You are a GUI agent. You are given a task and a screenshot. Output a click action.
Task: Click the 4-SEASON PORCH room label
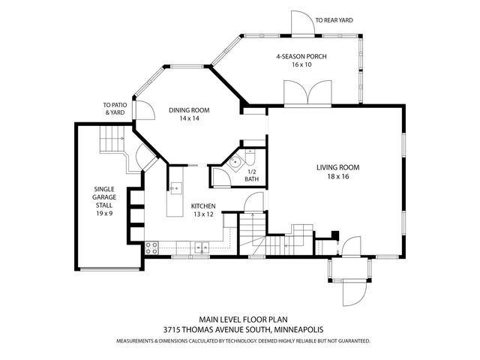click(301, 56)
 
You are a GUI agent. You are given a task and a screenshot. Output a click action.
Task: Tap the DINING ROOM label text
click(189, 110)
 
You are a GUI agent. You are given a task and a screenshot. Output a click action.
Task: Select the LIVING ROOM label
click(337, 167)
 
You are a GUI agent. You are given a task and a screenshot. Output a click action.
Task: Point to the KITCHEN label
click(203, 206)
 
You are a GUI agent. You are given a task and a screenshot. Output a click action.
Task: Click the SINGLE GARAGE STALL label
click(104, 197)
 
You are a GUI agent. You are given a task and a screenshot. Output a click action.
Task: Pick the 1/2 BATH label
click(252, 175)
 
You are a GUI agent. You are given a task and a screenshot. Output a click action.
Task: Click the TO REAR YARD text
click(334, 20)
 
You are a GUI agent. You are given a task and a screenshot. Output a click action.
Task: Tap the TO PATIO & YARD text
click(115, 109)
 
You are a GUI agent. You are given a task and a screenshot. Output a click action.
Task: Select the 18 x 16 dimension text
click(337, 177)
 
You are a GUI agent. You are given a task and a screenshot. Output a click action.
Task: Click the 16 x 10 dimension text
click(301, 64)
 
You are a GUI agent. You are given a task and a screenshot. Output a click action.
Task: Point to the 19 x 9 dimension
click(104, 213)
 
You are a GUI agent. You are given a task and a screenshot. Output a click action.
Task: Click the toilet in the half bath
click(250, 157)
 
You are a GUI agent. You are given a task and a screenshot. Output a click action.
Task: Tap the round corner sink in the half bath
click(235, 160)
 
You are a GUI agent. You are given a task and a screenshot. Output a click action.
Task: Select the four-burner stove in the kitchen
click(151, 247)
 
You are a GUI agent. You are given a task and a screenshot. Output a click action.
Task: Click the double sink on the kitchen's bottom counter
click(202, 247)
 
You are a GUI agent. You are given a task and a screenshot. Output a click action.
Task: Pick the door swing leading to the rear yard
click(303, 23)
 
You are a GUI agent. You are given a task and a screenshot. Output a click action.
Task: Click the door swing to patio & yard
click(145, 110)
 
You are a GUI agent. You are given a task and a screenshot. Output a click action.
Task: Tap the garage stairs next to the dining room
click(112, 139)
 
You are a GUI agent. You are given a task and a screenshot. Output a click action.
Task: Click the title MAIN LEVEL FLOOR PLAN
click(243, 319)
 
